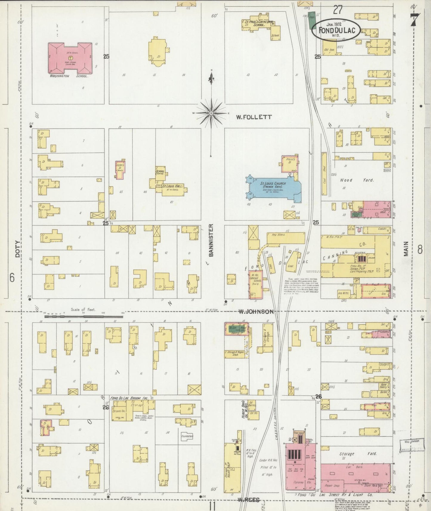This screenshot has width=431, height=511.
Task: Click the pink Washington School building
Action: tap(70, 58)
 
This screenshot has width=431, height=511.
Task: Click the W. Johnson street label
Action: tap(256, 312)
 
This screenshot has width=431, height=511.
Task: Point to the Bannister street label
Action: tap(211, 240)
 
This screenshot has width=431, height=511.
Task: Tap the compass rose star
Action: tap(211, 113)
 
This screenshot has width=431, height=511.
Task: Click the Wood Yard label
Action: tap(357, 180)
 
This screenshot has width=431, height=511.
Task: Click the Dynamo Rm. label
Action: tap(299, 482)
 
